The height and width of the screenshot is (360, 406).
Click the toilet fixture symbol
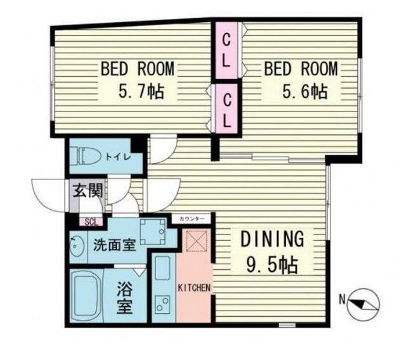[86, 156]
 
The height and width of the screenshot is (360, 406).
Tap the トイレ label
[119, 157]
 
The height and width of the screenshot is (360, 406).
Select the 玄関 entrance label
[88, 191]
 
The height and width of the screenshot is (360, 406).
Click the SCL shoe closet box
[91, 222]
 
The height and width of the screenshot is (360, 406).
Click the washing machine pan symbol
[153, 232]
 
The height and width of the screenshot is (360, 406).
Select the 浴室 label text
[125, 297]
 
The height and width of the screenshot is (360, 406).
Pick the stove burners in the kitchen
[162, 304]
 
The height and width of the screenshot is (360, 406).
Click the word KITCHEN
[194, 288]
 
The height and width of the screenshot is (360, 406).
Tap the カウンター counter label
[192, 219]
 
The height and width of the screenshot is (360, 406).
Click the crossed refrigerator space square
[197, 241]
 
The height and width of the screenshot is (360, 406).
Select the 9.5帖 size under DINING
[272, 265]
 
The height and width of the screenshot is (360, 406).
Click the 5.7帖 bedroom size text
[141, 92]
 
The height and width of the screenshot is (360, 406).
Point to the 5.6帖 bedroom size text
[305, 92]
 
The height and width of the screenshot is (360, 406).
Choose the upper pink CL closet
[226, 51]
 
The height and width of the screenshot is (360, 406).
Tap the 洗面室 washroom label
[114, 245]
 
